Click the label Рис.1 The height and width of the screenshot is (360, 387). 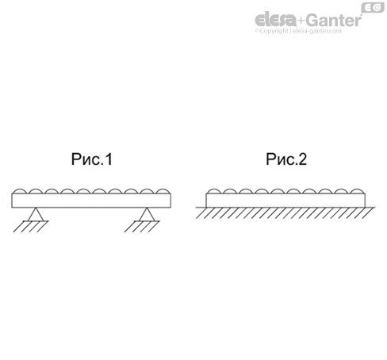[x=92, y=159]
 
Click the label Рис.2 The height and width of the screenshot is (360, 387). [x=286, y=159]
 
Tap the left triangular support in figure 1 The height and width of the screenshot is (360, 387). [x=36, y=214]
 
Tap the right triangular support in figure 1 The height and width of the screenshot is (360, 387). [x=147, y=214]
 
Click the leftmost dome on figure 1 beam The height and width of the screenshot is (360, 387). [x=20, y=191]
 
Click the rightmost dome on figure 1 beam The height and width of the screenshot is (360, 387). [x=163, y=191]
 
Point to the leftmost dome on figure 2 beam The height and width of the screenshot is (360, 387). [x=214, y=191]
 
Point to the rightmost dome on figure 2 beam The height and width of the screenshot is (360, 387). [x=357, y=191]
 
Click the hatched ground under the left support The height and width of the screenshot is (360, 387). [x=31, y=227]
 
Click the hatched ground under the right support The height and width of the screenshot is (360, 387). [x=142, y=227]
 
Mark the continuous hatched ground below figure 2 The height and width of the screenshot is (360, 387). [x=285, y=213]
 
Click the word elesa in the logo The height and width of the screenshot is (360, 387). [x=276, y=20]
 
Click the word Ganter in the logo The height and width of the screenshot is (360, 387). [x=335, y=20]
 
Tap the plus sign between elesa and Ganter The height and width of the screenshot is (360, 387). [x=301, y=21]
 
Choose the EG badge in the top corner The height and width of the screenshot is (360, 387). [x=373, y=7]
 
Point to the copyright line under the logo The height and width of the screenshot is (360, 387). [x=298, y=31]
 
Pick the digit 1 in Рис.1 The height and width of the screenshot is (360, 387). [x=109, y=159]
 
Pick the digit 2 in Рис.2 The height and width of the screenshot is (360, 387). [x=303, y=159]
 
